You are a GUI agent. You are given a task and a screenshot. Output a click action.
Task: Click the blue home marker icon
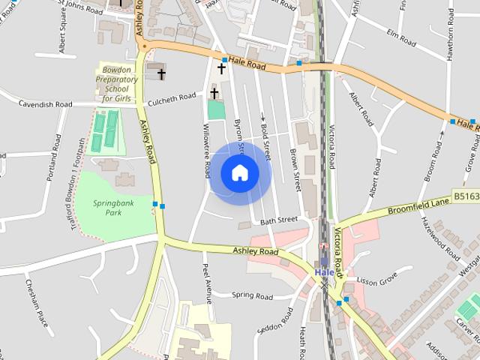tap(239, 173)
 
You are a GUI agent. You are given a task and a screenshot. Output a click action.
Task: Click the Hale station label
tap(324, 272)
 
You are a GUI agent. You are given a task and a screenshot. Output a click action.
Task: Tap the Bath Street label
tap(279, 221)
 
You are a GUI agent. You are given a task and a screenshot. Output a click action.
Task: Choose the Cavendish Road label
tap(46, 104)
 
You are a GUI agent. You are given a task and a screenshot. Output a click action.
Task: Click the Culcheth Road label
tap(171, 97)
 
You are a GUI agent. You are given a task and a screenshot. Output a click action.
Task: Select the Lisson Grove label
tap(376, 280)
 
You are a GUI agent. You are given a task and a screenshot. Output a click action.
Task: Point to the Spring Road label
tap(252, 295)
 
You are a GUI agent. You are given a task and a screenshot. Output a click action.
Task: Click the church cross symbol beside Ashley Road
tap(161, 73)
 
